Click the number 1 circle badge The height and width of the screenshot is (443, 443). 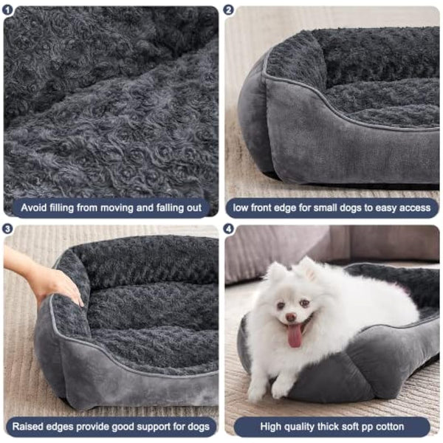(x=9, y=10)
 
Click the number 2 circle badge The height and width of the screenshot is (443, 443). (x=230, y=10)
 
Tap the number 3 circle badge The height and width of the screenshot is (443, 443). (x=9, y=229)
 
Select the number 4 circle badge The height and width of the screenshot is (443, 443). (x=230, y=229)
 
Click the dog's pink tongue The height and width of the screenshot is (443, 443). (x=295, y=336)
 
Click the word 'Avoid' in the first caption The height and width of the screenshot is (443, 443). (x=35, y=208)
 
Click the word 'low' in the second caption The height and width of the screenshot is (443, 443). (x=242, y=208)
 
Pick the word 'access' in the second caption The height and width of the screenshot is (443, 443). (x=413, y=208)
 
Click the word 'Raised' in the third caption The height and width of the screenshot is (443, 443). (x=28, y=427)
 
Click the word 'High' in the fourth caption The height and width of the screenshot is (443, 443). (x=272, y=427)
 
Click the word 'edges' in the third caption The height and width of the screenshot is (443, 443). (x=64, y=427)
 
